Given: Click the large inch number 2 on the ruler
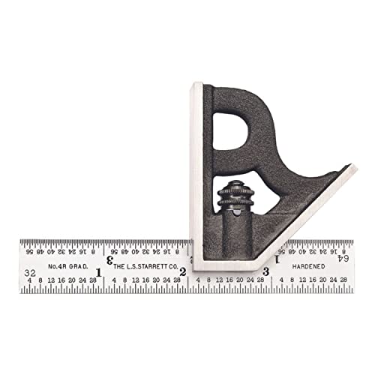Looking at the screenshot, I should click(x=182, y=271).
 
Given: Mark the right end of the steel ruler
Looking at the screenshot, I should click(x=353, y=266).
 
